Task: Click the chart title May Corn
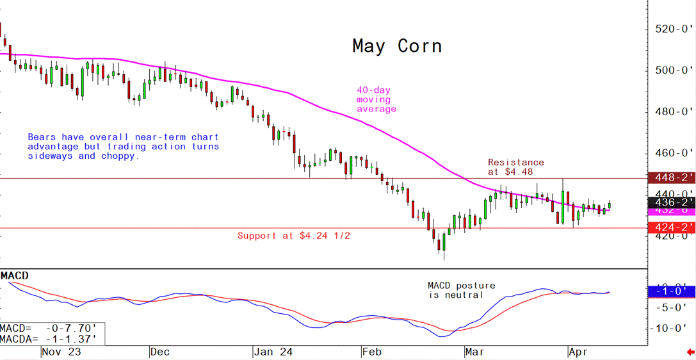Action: pyautogui.click(x=397, y=46)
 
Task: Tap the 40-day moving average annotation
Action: pyautogui.click(x=376, y=100)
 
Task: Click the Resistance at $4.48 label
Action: pyautogui.click(x=515, y=167)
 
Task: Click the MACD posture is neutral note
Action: pyautogui.click(x=461, y=290)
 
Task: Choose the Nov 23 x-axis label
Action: pyautogui.click(x=61, y=352)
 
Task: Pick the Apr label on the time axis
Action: pyautogui.click(x=579, y=352)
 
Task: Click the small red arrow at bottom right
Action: pyautogui.click(x=690, y=352)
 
